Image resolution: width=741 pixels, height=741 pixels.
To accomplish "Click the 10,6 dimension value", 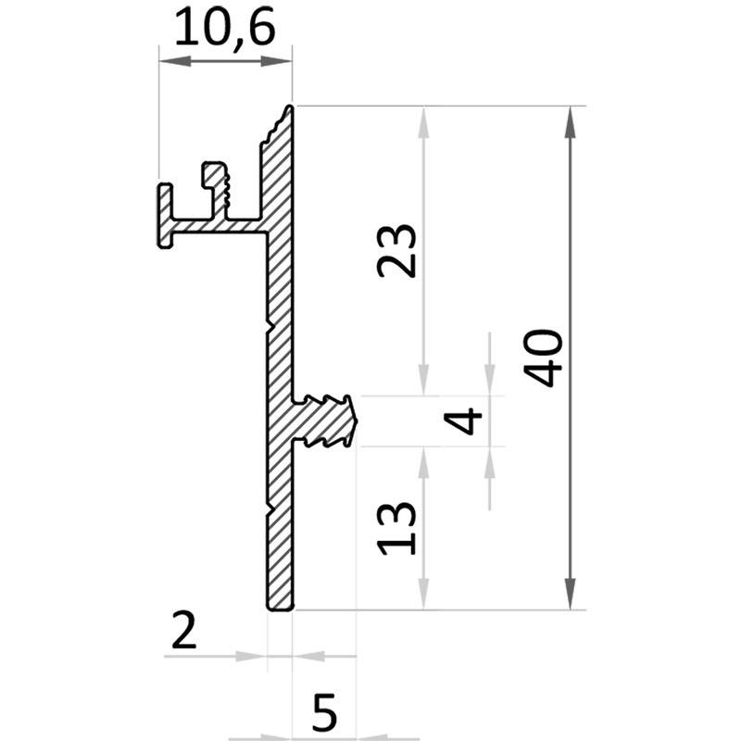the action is (224, 28).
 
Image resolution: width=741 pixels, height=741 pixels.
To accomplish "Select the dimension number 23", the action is (397, 250).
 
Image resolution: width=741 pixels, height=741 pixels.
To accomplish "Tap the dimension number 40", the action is (544, 358).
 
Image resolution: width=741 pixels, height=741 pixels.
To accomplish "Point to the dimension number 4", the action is (462, 421).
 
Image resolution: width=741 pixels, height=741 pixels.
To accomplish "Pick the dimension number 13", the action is (396, 528).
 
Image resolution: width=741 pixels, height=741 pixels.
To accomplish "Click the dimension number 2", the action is (183, 630).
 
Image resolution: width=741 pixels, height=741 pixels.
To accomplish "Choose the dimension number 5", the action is (325, 712).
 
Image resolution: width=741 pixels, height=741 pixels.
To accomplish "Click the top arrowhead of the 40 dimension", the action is (571, 122).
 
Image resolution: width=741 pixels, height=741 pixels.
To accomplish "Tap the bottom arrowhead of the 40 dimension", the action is (571, 593).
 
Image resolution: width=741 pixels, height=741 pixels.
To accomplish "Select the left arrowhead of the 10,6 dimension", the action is (175, 61).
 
